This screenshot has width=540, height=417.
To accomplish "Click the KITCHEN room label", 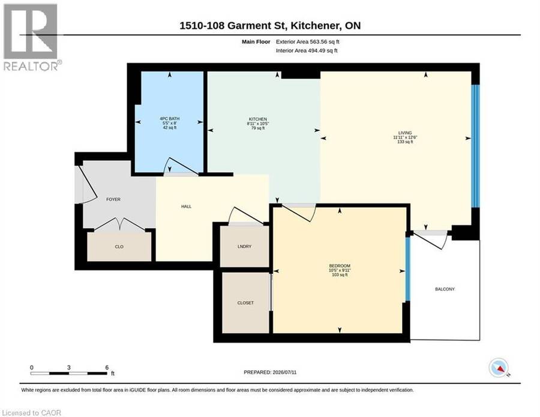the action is (x=258, y=119).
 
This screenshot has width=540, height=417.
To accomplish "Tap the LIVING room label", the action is (x=405, y=133).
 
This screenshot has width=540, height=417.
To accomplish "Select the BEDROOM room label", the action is (x=340, y=266).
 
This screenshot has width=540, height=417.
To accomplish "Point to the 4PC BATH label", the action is (x=169, y=118).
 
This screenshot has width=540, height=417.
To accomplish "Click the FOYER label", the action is (x=113, y=199).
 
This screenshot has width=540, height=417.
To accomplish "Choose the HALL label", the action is (x=187, y=206).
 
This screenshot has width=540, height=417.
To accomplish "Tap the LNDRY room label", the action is (x=245, y=247).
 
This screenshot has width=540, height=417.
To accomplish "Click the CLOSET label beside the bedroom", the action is (x=245, y=303).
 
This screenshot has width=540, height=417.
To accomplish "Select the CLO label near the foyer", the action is (x=119, y=247).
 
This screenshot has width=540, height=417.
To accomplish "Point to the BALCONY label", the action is (x=445, y=289).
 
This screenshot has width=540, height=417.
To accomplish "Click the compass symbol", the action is (x=499, y=368).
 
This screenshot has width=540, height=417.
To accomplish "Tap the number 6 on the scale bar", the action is (x=107, y=367).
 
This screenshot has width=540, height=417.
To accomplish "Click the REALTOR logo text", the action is (x=32, y=66).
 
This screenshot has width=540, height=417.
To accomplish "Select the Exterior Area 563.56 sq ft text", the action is (x=308, y=41).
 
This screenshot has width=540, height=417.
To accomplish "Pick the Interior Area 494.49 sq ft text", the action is (x=307, y=50).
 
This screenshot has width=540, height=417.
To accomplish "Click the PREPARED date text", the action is (x=270, y=372).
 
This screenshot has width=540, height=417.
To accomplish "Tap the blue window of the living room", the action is (x=475, y=146).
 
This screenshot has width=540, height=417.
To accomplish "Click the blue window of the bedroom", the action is (x=408, y=269).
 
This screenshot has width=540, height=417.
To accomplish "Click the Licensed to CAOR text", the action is (x=31, y=413).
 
